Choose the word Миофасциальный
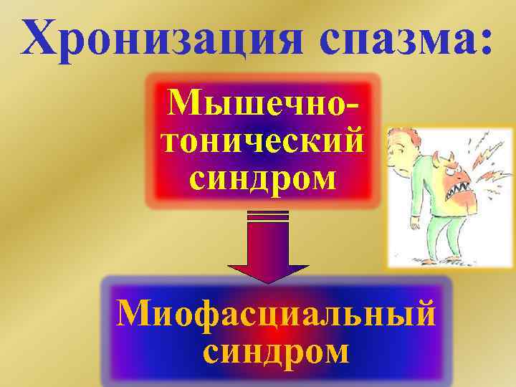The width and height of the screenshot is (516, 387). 277,314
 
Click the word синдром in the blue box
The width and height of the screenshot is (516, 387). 277,351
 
